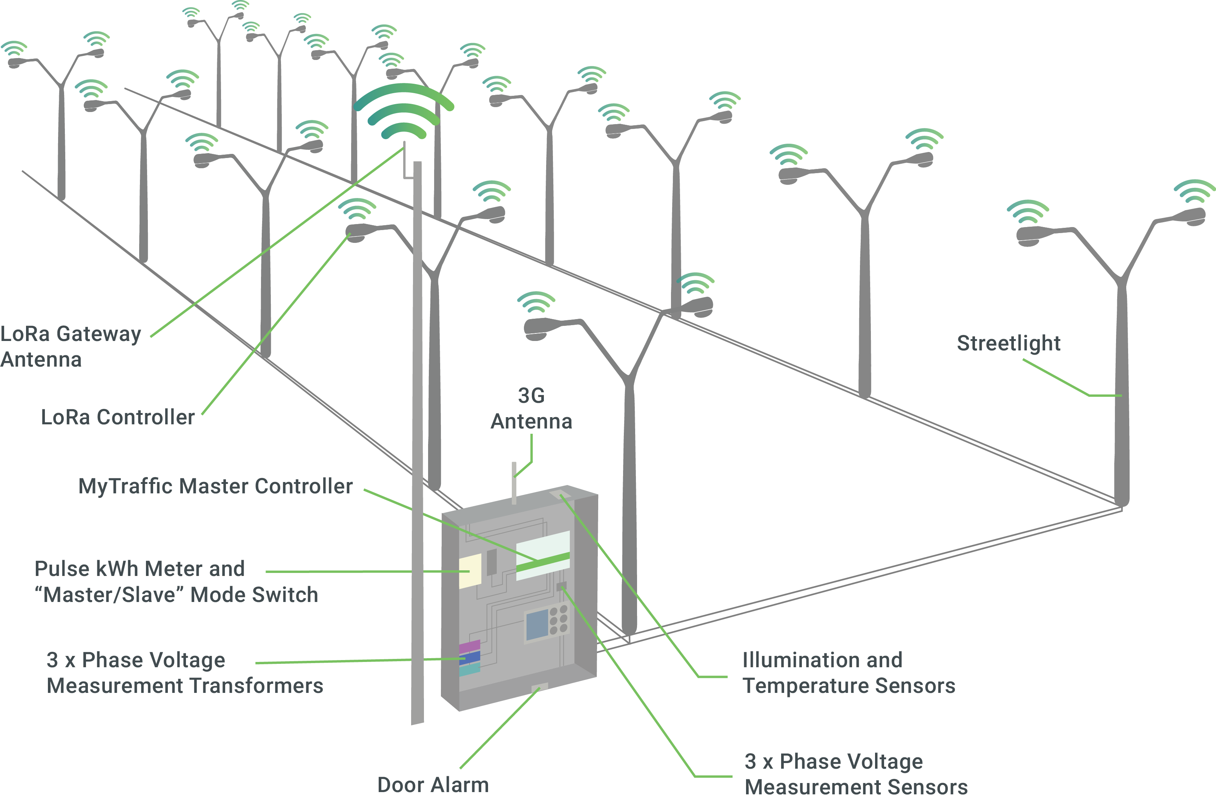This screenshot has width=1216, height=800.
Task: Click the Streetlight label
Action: point(1008,343)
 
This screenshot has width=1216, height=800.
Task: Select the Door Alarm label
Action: point(433,785)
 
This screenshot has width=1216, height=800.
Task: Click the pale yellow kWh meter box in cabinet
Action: point(470,571)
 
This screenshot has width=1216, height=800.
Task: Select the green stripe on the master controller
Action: point(543,562)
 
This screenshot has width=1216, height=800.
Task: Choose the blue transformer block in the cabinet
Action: point(470,657)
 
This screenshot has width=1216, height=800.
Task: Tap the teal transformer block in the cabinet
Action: point(470,669)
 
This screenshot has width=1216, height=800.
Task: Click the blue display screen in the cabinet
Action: point(537,625)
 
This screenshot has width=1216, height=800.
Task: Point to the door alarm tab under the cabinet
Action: point(539,688)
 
